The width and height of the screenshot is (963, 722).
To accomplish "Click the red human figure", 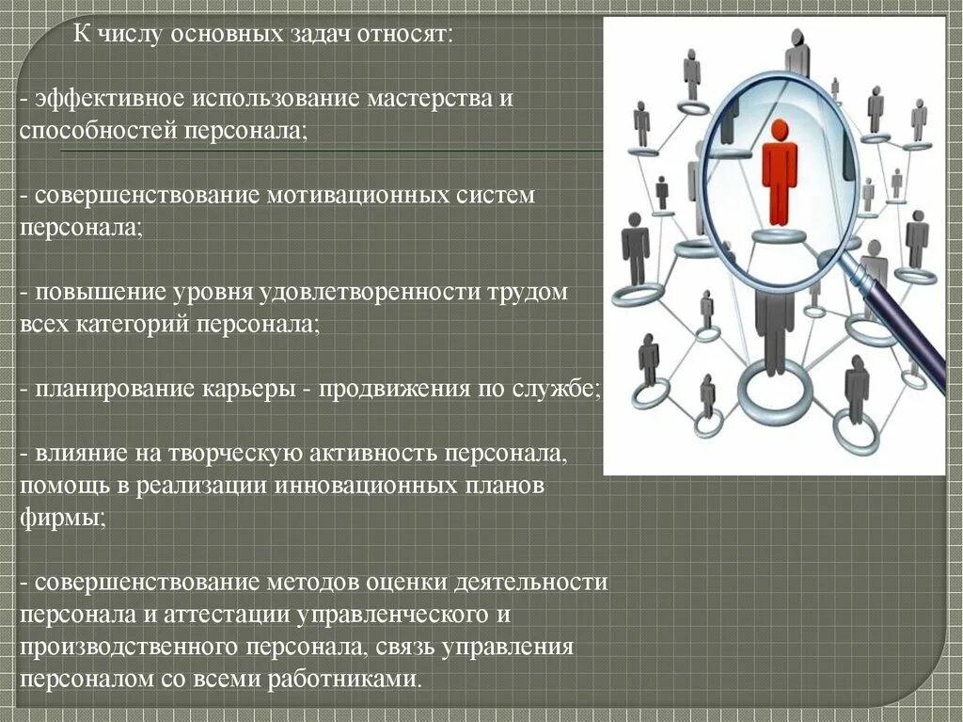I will coord(779,169).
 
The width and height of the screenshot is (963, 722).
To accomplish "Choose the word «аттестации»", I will coord(233,616).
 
